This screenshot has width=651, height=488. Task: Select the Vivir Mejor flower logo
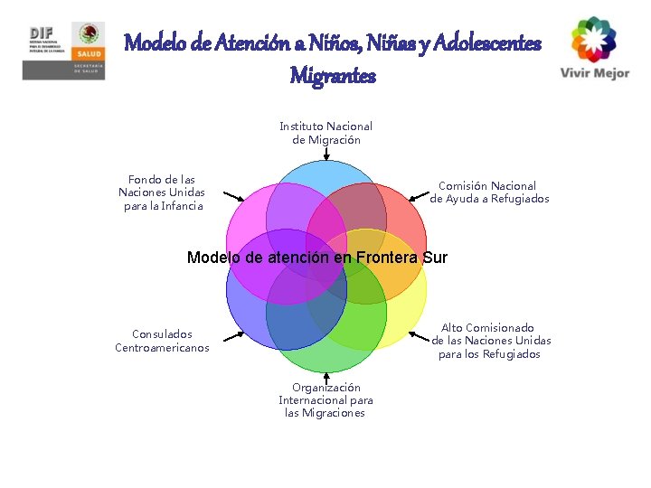594,39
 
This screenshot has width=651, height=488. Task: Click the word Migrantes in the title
333,76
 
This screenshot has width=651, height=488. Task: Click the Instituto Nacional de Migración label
325,133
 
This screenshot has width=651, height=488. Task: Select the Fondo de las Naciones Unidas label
162,192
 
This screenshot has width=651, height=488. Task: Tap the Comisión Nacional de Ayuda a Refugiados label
489,192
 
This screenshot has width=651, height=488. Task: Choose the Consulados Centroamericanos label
162,341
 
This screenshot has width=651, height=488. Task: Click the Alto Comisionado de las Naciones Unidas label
490,341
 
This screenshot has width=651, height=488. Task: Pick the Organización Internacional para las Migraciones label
325,400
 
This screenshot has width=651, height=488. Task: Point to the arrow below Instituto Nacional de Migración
325,154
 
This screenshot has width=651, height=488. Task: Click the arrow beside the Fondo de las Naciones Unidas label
233,196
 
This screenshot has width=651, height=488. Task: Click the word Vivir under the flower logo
576,73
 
